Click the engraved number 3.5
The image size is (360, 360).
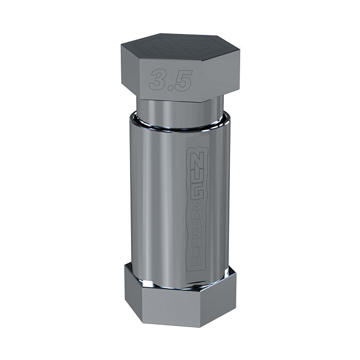(171, 80)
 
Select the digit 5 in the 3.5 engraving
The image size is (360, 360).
(183, 81)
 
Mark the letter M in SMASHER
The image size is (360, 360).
(197, 217)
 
